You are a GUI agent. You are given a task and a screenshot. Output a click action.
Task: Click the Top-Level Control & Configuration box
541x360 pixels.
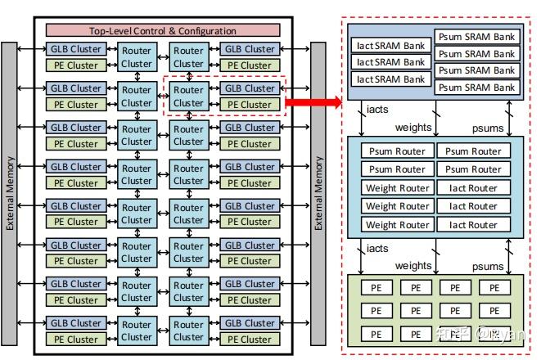point(163,30)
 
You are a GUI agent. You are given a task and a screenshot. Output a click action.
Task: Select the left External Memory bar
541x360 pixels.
point(9,194)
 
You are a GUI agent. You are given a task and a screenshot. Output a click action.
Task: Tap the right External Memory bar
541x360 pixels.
point(318,194)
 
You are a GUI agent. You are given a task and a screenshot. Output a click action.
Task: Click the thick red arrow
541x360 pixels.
point(313,102)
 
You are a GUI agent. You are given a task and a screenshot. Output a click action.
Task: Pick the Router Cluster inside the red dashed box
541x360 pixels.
point(189,97)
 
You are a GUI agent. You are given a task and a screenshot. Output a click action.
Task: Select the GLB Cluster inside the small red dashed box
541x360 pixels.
point(250,88)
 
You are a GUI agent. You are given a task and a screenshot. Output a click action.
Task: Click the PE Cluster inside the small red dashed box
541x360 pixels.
point(250,105)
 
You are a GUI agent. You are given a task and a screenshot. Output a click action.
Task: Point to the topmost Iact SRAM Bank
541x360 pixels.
point(391,46)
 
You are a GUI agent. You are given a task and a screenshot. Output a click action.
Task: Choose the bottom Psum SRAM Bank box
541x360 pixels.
point(477,88)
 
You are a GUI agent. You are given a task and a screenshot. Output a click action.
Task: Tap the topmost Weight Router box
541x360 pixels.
point(398,188)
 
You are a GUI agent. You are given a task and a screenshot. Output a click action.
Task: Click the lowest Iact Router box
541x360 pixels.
point(473,225)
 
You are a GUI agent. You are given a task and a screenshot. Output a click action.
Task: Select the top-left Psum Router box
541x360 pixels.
point(398,151)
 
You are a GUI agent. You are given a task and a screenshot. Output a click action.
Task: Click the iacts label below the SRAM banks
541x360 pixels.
point(377,110)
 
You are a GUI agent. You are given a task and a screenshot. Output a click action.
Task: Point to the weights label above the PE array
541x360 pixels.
point(413,266)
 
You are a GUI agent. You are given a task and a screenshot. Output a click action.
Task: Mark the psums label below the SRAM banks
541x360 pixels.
point(488,128)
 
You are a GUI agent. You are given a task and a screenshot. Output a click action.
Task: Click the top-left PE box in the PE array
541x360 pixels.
point(376,288)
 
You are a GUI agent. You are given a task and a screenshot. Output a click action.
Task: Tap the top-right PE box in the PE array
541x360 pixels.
point(494,288)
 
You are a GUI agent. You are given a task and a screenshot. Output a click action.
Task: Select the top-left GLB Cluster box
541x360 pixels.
point(76,49)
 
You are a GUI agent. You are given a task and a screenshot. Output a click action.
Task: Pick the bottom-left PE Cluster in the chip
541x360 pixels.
point(76,340)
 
